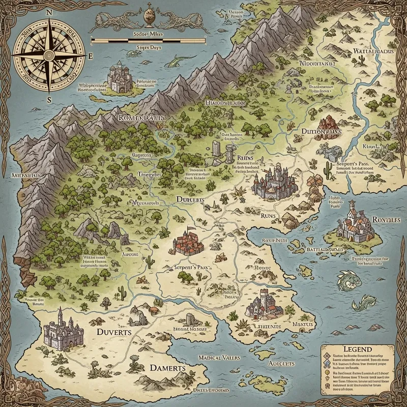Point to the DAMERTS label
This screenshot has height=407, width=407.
coord(166,368)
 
